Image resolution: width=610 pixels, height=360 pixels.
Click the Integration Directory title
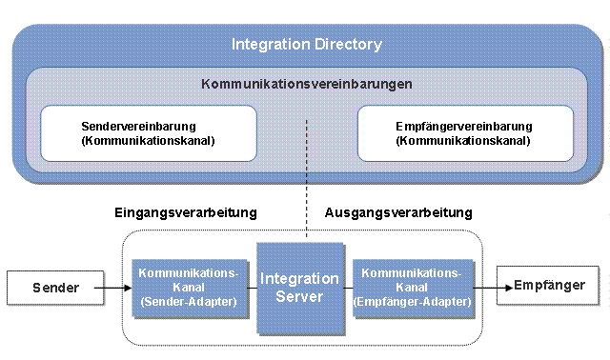tap(307, 45)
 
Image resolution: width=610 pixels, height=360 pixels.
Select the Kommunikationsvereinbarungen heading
tap(307, 84)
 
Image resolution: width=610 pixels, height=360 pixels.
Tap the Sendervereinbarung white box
tap(148, 133)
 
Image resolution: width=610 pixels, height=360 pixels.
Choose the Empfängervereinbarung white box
tap(465, 133)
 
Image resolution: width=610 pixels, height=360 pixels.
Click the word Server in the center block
tap(300, 297)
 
